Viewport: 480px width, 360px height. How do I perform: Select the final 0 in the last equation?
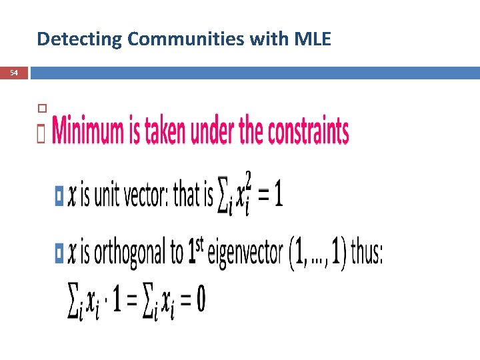pos(200,301)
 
